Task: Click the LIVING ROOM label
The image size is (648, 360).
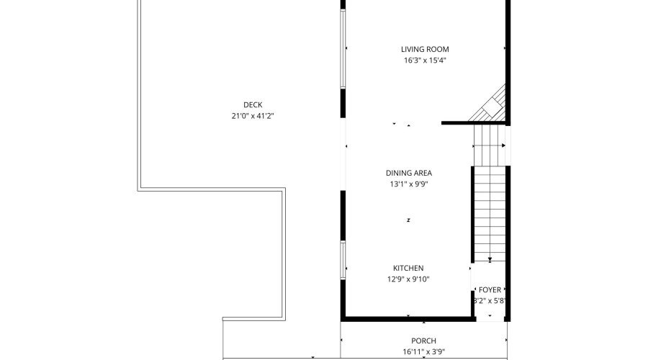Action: (x=425, y=49)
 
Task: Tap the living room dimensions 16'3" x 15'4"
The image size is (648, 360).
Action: (x=425, y=60)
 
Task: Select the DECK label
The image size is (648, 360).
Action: (x=253, y=105)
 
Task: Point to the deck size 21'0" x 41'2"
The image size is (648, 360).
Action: (x=253, y=116)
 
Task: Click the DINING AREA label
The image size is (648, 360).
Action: (x=409, y=174)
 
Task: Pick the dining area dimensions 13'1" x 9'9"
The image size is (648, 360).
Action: (x=409, y=184)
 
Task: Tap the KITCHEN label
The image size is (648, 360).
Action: (x=408, y=269)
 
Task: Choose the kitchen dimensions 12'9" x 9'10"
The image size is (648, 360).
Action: (x=408, y=279)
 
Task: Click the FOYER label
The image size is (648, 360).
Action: (x=490, y=290)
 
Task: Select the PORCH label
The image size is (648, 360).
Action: (x=423, y=341)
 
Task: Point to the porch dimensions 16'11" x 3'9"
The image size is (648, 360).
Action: (x=424, y=352)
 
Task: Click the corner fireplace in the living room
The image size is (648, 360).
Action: (x=492, y=106)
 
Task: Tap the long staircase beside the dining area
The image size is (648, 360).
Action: (x=490, y=193)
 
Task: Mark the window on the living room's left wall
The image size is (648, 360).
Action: (x=343, y=48)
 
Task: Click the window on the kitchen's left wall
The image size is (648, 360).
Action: (x=343, y=260)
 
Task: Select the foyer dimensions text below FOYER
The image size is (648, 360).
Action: (x=490, y=301)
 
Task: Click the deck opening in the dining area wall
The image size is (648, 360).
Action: (x=343, y=154)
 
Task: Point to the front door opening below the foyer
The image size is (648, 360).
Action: (x=490, y=319)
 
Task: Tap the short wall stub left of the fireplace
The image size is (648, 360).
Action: (x=454, y=122)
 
